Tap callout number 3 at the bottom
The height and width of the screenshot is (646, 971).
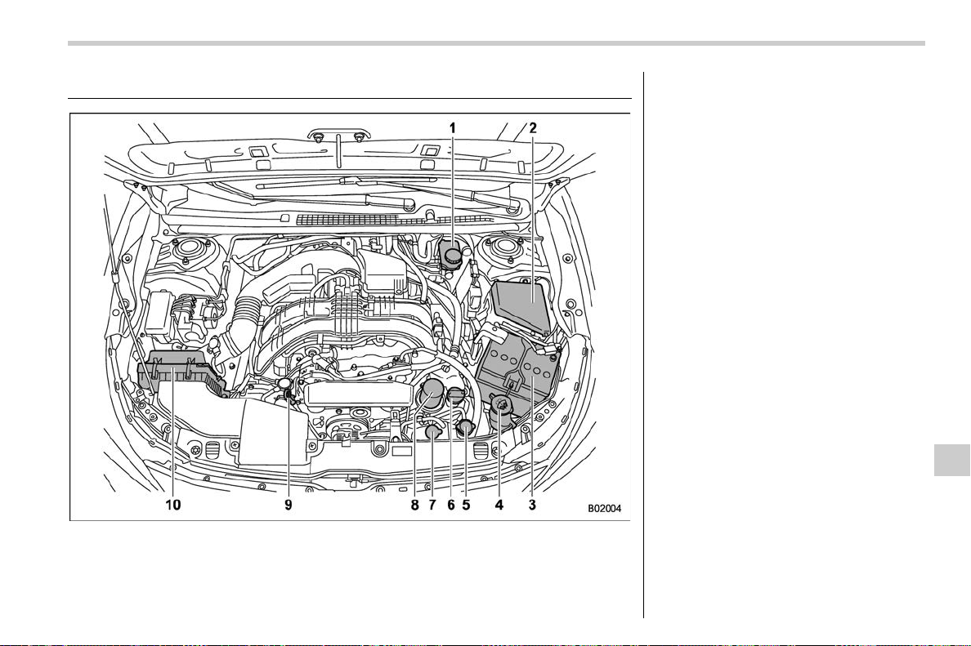point(532,505)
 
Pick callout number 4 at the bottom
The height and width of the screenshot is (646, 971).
point(499,505)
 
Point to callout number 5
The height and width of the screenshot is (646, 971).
point(466,505)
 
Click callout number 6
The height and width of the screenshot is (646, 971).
point(450,505)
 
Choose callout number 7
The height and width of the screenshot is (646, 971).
point(432,505)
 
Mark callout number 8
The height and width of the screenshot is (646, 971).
point(415,505)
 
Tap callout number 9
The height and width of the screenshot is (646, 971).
point(288,505)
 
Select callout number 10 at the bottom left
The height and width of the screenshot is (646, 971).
point(172,505)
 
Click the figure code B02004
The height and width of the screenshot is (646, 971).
point(604,509)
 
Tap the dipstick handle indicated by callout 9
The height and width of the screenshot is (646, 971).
point(285,385)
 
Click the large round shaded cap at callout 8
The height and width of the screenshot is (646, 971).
point(431,393)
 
